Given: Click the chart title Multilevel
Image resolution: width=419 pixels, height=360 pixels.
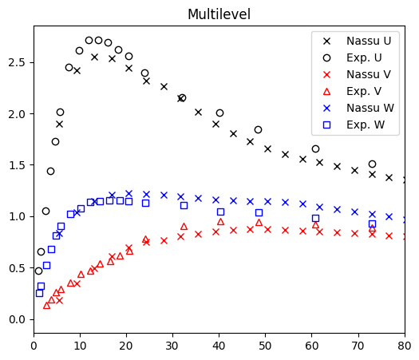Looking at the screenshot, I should [219, 14].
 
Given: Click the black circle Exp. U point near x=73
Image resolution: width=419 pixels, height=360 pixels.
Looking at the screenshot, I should [372, 164].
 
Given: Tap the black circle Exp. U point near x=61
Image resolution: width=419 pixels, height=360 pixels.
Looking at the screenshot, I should [315, 148].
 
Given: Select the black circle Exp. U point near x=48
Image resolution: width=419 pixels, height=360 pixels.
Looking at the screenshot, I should [258, 129].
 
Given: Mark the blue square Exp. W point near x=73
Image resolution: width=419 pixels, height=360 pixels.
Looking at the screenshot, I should [372, 224].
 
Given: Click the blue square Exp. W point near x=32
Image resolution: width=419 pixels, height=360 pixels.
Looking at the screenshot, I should [184, 205].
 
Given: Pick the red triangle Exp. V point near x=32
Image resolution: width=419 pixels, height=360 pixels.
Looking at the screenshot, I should [184, 226].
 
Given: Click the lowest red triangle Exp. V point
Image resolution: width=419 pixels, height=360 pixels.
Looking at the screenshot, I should [46, 305].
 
